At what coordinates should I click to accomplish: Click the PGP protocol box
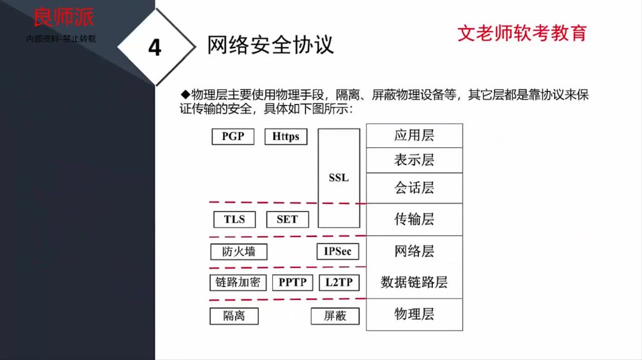[x=233, y=137]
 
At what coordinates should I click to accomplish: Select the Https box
[x=286, y=137]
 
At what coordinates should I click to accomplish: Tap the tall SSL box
[x=339, y=178]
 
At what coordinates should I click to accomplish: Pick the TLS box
[x=234, y=219]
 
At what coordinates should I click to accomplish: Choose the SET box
[x=287, y=219]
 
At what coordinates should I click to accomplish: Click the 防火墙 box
[x=239, y=252]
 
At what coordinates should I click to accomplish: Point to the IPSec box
[x=338, y=252]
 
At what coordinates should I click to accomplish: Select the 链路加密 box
[x=238, y=283]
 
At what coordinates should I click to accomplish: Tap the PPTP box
[x=293, y=283]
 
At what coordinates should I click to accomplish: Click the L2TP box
[x=339, y=283]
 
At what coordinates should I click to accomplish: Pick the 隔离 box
[x=234, y=316]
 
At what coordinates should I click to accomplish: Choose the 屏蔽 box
[x=335, y=316]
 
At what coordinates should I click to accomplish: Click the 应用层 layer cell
[x=414, y=135]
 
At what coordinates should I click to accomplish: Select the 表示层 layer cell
[x=414, y=160]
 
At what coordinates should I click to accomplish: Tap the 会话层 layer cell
[x=414, y=188]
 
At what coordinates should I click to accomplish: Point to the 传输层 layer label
[x=414, y=220]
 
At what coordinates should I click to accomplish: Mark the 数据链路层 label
[x=414, y=282]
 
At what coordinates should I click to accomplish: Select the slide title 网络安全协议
[x=270, y=45]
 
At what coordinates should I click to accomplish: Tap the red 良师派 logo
[x=64, y=17]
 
